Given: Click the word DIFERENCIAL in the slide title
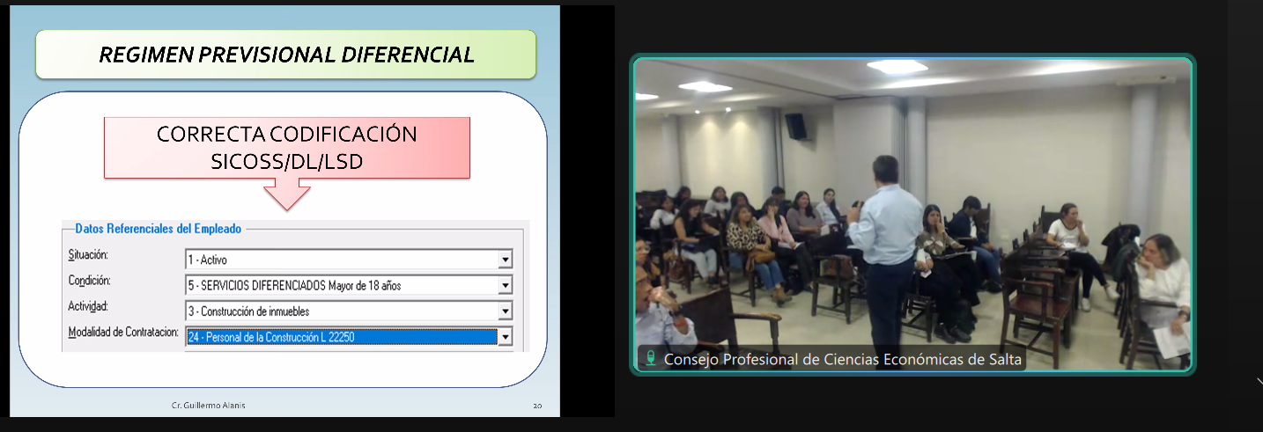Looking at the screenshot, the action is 407,55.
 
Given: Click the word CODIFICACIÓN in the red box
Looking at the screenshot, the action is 343,134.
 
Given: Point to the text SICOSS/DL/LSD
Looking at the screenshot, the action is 286,162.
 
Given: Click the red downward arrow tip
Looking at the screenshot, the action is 287,209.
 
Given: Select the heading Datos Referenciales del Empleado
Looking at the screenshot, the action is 158,229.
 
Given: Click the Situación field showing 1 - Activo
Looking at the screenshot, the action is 342,260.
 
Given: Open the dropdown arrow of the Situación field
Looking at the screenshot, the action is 506,260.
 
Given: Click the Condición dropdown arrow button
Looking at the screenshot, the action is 506,286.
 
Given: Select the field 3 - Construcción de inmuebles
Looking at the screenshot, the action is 342,311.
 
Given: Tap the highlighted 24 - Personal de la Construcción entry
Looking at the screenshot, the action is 342,337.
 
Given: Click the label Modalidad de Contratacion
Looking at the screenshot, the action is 123,333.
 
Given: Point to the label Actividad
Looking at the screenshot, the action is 88,306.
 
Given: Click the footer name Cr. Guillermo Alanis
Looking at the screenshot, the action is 208,405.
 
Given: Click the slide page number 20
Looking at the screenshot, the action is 537,406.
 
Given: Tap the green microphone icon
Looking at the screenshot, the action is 651,358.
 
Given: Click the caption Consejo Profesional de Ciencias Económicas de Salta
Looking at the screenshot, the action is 842,359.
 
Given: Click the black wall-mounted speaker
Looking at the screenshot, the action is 795,126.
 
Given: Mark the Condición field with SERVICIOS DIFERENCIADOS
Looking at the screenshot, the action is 342,286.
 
